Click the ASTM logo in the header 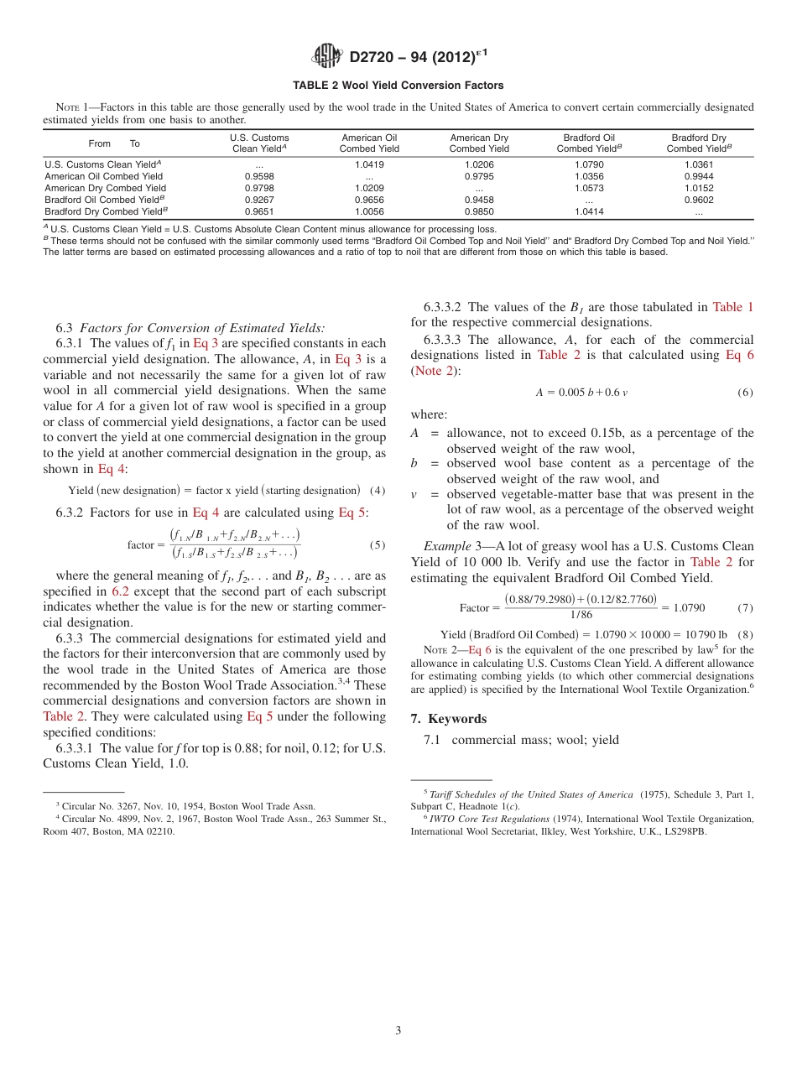point(326,56)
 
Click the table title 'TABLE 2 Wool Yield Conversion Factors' point(398,86)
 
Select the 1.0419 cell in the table point(368,165)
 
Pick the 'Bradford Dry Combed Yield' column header point(699,143)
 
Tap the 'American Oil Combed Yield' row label point(104,177)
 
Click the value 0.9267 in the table point(259,200)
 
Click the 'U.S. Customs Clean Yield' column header point(259,143)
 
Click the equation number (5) point(377,545)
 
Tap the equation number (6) point(745,393)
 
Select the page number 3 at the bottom point(398,1030)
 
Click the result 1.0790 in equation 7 point(689,607)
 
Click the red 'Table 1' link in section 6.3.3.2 point(732,307)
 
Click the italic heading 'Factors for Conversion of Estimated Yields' point(202,327)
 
